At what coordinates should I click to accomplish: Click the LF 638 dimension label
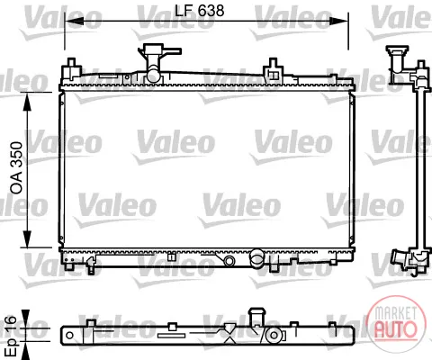coord(199,11)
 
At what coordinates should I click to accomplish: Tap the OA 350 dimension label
coord(16,167)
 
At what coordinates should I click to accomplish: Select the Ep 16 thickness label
coord(13,336)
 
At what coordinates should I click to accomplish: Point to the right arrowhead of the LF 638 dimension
coord(339,21)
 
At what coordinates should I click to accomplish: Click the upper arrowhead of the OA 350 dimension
coord(27,102)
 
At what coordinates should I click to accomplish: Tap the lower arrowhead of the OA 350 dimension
coord(27,238)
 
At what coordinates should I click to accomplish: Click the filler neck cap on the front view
coord(159,49)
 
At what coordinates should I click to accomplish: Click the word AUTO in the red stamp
coord(397,328)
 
